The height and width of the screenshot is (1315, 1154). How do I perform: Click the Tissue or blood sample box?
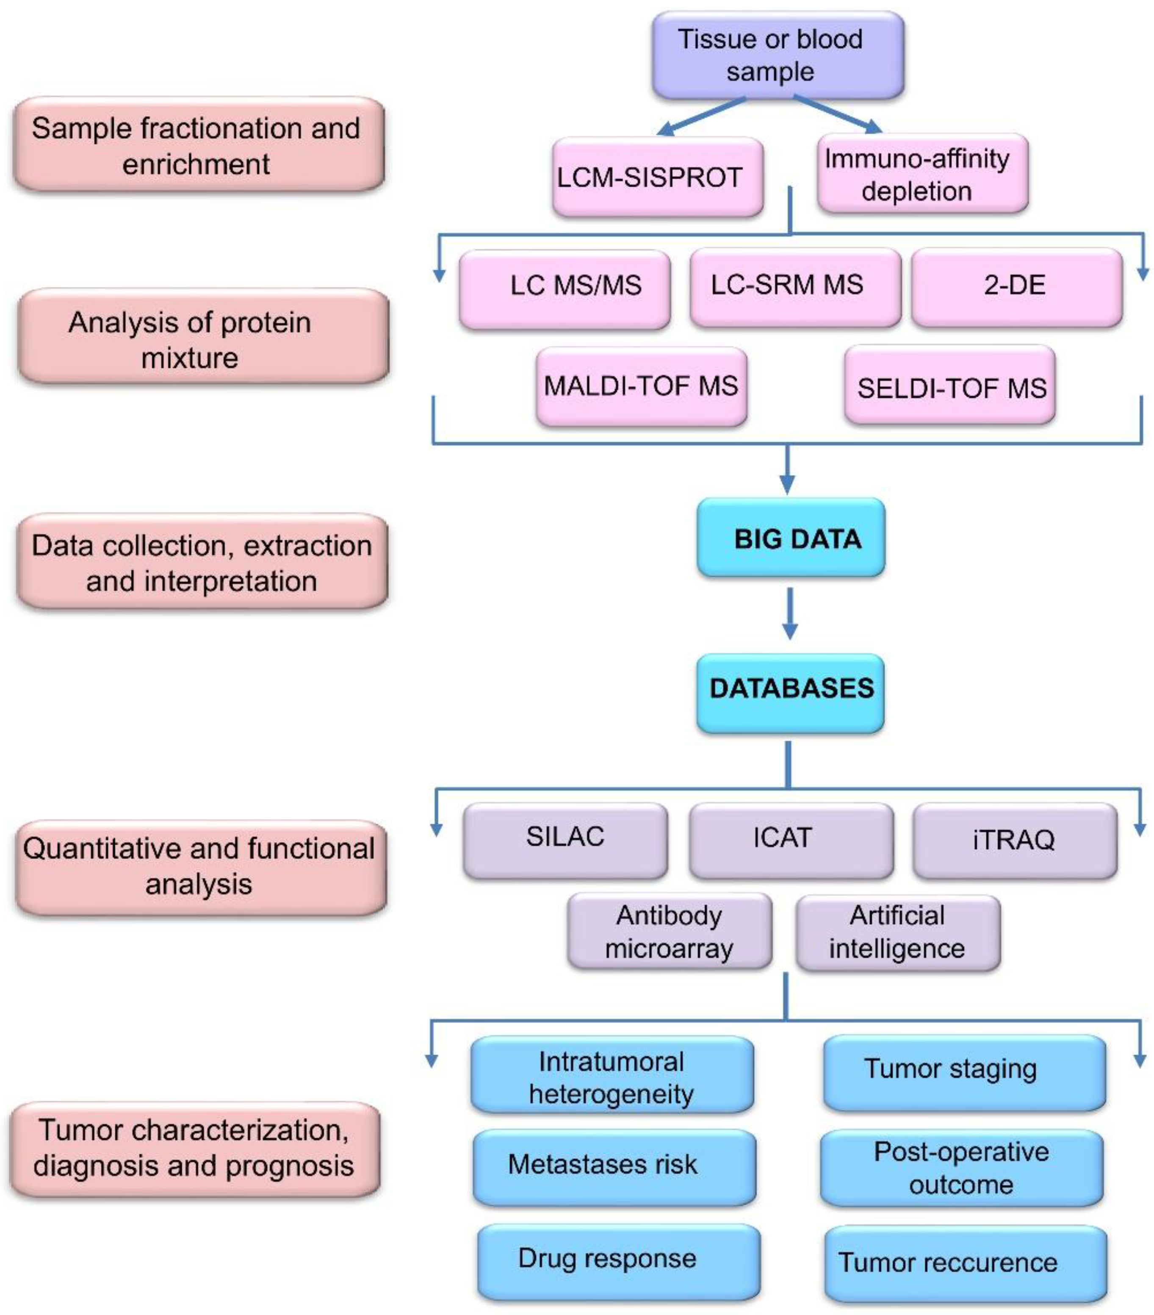click(x=777, y=55)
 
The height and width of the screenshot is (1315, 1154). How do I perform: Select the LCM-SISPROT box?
click(x=657, y=177)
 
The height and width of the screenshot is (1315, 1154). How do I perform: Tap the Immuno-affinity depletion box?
click(x=922, y=175)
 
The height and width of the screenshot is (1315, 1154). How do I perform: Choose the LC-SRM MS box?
click(x=794, y=286)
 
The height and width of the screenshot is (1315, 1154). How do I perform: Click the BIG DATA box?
click(x=791, y=538)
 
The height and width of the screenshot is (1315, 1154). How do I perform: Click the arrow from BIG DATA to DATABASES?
click(x=789, y=613)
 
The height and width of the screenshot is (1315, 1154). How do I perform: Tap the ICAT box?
click(x=791, y=840)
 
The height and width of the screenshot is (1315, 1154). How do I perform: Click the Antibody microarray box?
click(x=669, y=931)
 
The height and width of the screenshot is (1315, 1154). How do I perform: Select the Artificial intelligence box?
click(x=897, y=932)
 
